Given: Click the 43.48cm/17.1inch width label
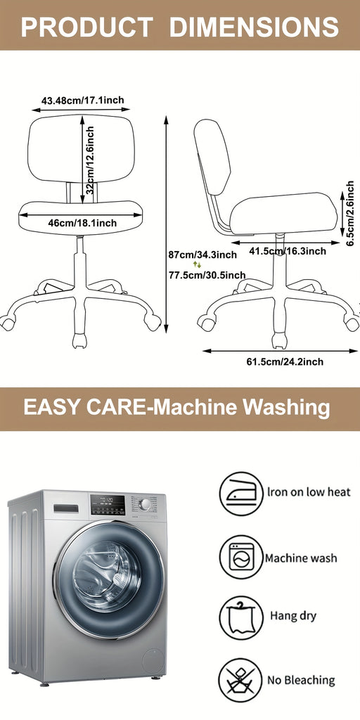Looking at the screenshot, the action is click(83, 100).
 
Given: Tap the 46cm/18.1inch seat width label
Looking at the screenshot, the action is click(83, 223).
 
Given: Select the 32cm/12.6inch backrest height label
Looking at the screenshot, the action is click(91, 160).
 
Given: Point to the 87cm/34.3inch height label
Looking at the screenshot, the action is click(202, 255).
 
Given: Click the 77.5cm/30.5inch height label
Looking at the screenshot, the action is click(207, 275).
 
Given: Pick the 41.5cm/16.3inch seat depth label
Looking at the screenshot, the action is click(288, 251).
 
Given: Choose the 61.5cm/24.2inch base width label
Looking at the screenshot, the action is click(285, 362).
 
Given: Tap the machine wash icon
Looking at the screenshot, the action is click(241, 557).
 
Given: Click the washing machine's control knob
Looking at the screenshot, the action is click(145, 504).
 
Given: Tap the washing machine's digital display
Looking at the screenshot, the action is click(108, 505).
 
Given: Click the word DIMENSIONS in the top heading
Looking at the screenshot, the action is click(255, 27).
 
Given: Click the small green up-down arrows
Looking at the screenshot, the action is click(197, 264).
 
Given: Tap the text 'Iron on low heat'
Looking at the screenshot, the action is click(309, 491).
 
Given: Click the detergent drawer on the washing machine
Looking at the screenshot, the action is click(66, 508).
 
